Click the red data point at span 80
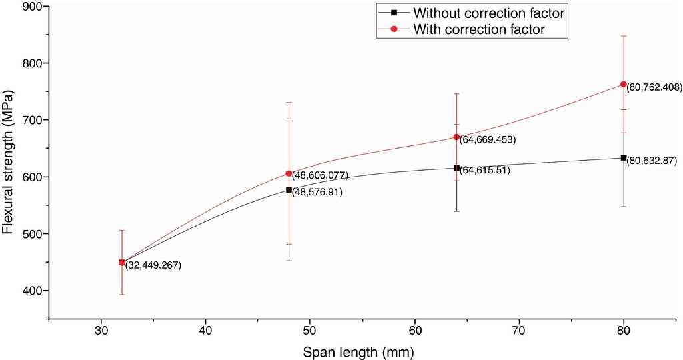click(x=624, y=84)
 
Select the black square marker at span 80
click(x=624, y=158)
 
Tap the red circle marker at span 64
click(x=456, y=137)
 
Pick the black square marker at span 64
click(x=456, y=168)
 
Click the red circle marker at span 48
click(x=289, y=173)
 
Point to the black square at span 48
click(x=289, y=190)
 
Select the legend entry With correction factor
click(x=478, y=29)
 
